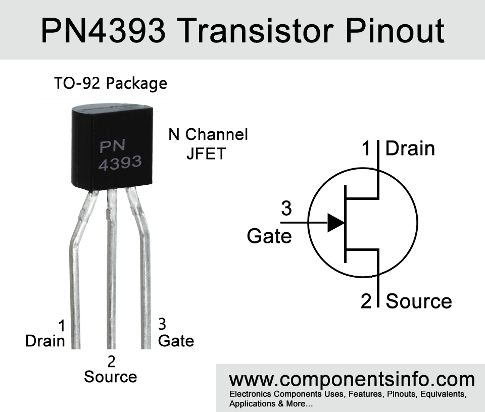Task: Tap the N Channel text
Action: pos(208,134)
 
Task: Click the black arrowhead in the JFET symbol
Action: pos(335,223)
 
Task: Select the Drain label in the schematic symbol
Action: pos(410,148)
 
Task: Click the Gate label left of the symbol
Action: pos(269,236)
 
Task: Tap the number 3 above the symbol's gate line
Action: pos(286,208)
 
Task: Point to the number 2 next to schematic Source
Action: pos(366,301)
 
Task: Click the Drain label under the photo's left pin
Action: pos(45,341)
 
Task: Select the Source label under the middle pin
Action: pos(110,377)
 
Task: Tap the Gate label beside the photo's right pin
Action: pos(176,341)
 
